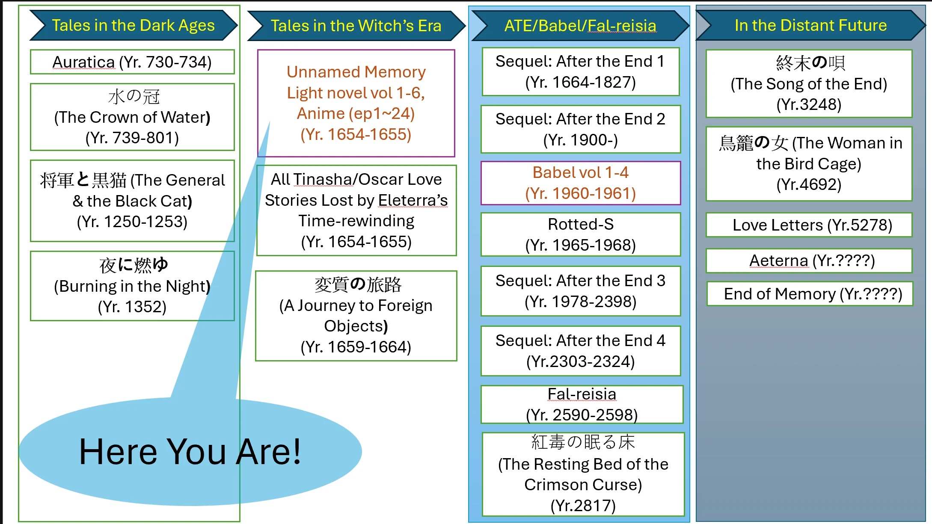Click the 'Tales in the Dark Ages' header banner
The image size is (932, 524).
tap(133, 25)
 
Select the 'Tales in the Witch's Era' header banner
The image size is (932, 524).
tap(356, 26)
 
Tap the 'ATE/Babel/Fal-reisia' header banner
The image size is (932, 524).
tap(580, 26)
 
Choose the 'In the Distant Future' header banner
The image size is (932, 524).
tap(810, 25)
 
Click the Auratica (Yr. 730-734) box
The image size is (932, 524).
tap(132, 62)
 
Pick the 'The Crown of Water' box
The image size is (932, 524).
tap(132, 117)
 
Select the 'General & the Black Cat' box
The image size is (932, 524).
tap(132, 201)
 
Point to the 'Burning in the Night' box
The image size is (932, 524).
tap(132, 286)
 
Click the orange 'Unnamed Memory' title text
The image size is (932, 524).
tap(356, 72)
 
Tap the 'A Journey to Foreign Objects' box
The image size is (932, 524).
tap(356, 316)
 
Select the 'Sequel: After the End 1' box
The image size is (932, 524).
tap(580, 71)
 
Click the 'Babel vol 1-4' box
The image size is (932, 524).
tap(580, 183)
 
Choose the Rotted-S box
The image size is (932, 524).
tap(580, 234)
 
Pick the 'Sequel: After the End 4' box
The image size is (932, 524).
tap(580, 351)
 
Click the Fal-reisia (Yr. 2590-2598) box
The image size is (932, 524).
tap(582, 404)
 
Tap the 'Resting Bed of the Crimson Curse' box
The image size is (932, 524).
tap(583, 474)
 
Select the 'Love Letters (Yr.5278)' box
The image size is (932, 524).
tap(809, 225)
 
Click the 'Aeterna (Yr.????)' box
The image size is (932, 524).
tap(809, 261)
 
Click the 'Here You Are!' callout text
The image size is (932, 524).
tap(190, 452)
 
